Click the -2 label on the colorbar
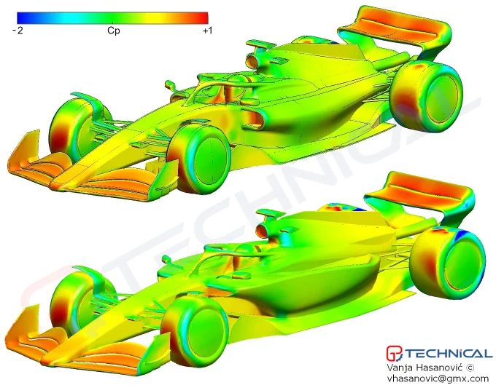coord(18,31)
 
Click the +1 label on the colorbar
coord(207,31)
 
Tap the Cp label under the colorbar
coord(113,31)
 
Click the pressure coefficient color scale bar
coord(112,18)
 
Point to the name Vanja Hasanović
coord(425,368)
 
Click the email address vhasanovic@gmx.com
coord(438,378)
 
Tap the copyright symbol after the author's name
coord(470,368)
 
